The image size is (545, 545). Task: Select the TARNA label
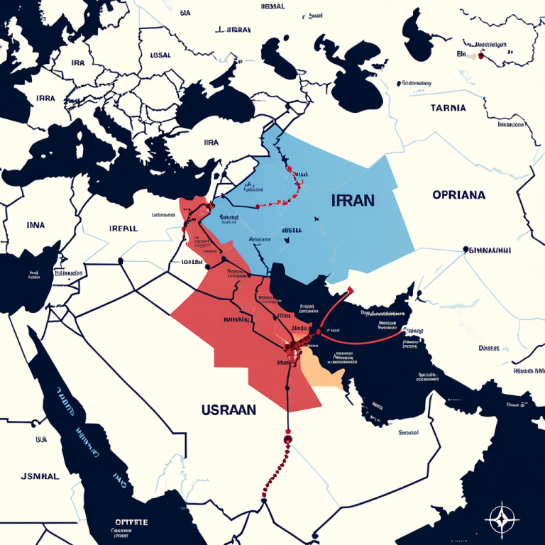[448, 109]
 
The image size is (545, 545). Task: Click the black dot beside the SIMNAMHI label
[466, 249]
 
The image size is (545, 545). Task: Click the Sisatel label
[408, 431]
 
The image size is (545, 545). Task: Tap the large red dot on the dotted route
[287, 439]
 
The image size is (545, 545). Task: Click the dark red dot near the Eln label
[480, 55]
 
